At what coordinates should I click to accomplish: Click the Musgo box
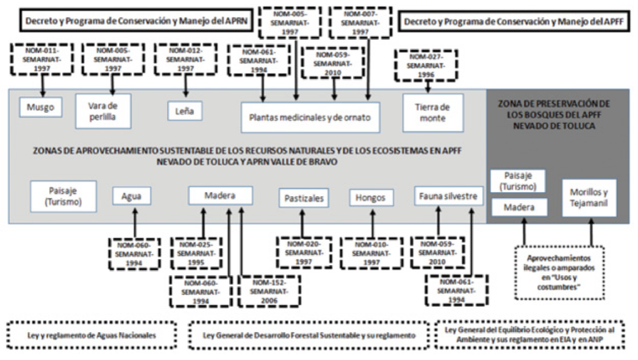(41, 107)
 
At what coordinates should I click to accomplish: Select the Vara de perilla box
(103, 111)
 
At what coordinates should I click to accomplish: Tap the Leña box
(185, 112)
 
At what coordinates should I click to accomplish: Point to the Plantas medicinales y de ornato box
(310, 118)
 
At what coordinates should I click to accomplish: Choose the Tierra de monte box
(433, 113)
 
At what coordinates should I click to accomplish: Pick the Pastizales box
(304, 198)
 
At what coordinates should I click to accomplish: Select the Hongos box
(372, 198)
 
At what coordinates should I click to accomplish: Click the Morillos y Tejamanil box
(589, 198)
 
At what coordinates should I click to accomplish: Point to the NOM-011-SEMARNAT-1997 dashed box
(42, 59)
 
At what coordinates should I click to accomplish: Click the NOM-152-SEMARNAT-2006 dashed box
(269, 291)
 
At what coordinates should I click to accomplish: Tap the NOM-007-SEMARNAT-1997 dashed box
(354, 22)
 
